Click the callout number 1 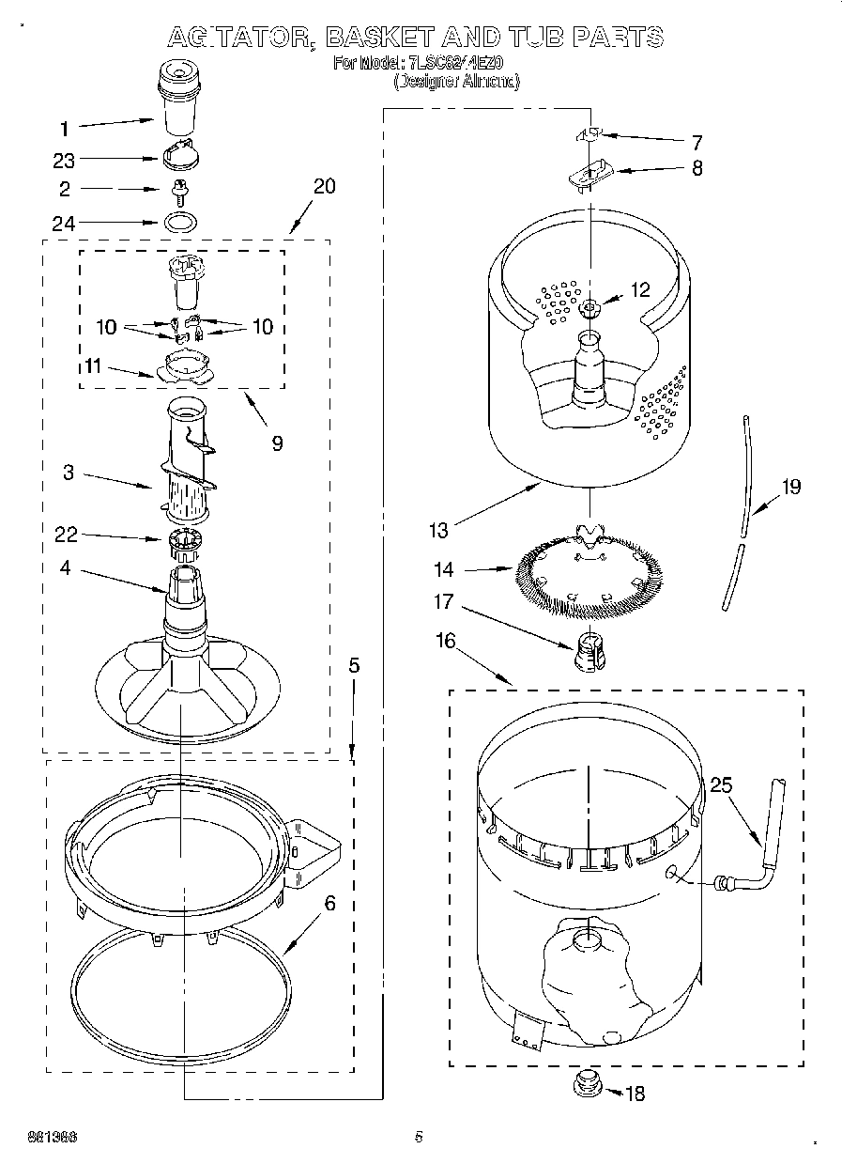pyautogui.click(x=64, y=129)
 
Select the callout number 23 pyautogui.click(x=64, y=161)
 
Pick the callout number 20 pyautogui.click(x=324, y=186)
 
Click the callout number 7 pyautogui.click(x=697, y=143)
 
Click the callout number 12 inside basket pyautogui.click(x=640, y=290)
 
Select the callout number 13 pyautogui.click(x=438, y=531)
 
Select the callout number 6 pyautogui.click(x=329, y=905)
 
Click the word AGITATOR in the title pyautogui.click(x=239, y=38)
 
